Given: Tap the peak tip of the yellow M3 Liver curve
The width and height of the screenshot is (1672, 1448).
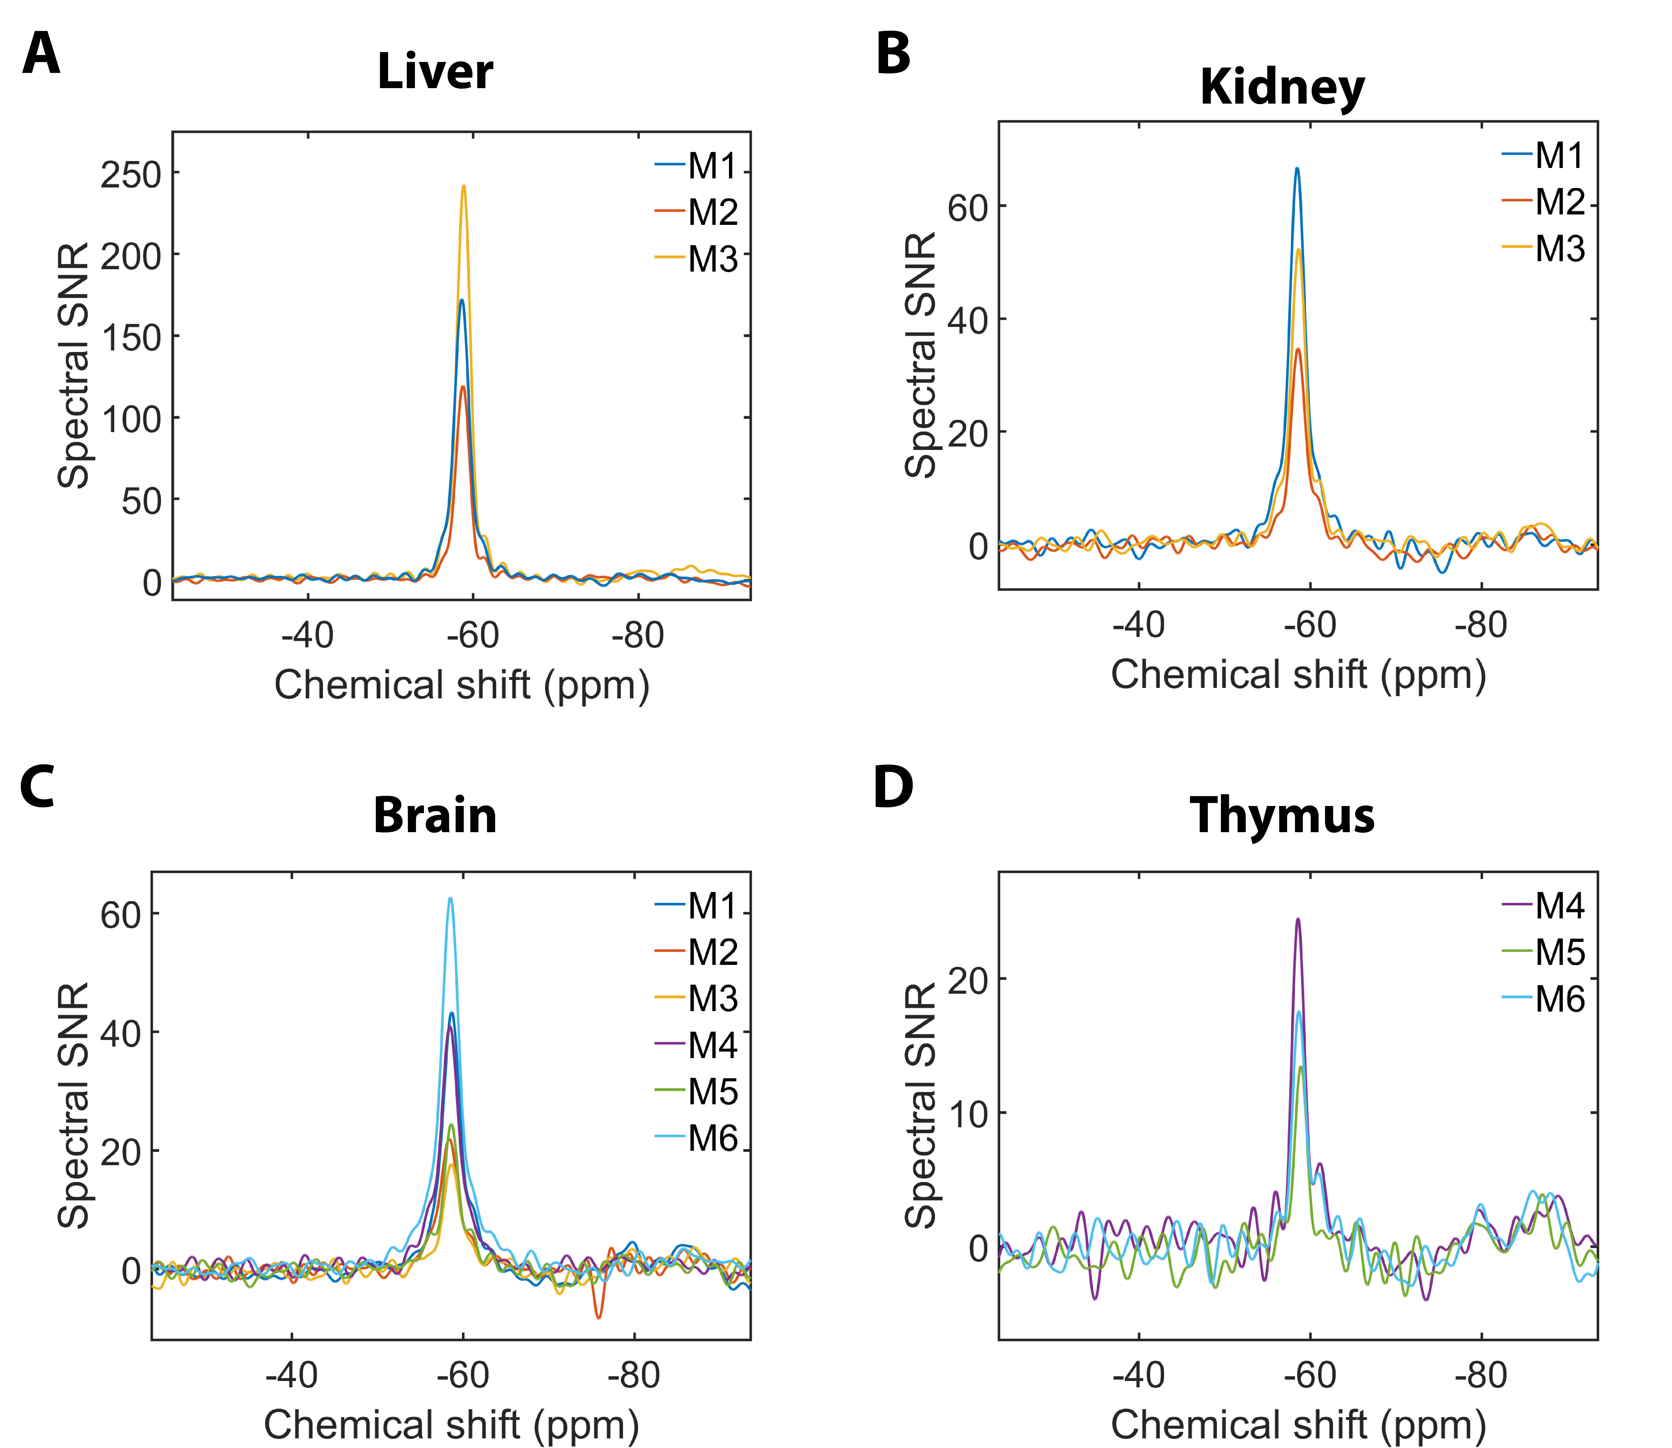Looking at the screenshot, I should click(464, 187).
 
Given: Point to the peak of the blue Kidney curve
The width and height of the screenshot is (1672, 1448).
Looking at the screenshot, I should click(1297, 169).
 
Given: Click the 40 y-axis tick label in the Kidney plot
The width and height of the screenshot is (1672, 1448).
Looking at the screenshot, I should click(968, 320).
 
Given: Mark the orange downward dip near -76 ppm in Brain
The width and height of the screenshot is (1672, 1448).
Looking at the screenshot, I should click(598, 1318).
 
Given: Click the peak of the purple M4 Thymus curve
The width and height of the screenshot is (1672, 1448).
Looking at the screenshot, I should click(1298, 919).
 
